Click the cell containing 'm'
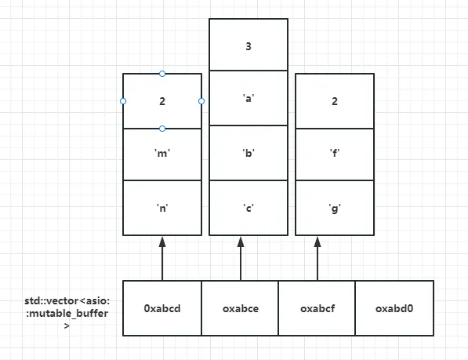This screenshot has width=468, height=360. pos(162,155)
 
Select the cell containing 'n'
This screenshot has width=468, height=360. pos(162,208)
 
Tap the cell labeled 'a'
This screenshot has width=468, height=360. pos(249,98)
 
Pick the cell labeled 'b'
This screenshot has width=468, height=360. pos(249,153)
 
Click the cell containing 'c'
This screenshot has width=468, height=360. pos(249,208)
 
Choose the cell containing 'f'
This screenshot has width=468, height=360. pos(335,155)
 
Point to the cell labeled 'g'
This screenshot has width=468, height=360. pos(335,208)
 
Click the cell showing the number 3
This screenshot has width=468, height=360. pos(249,45)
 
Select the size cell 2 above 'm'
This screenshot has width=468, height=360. pos(162,101)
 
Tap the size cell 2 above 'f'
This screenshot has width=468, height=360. pos(335,101)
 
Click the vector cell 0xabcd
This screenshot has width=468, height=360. pos(162,308)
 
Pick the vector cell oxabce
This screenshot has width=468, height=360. pos(240,308)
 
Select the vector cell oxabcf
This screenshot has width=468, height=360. pos(317,308)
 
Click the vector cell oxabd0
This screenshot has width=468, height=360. pos(394,308)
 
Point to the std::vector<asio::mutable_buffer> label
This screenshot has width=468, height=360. pos(67,313)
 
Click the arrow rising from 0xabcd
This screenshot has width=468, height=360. pos(162,259)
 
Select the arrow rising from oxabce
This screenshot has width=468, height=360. pos(241,259)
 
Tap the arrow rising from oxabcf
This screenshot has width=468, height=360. pos(317,259)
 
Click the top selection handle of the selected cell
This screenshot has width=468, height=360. pos(162,74)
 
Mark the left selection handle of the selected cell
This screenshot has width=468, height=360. pos(123,101)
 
